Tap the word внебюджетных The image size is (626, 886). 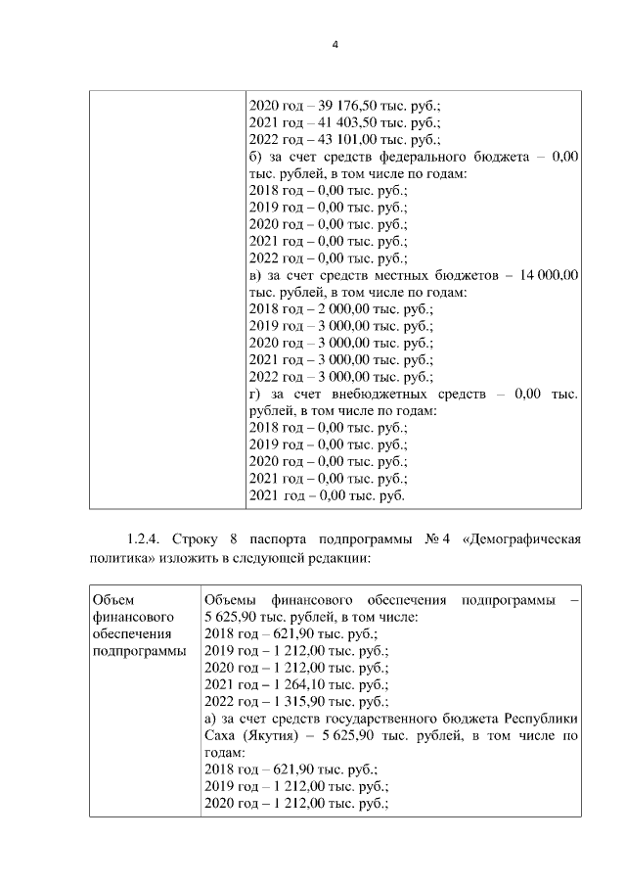(381, 395)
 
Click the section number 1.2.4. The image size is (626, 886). (145, 539)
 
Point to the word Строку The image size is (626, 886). (196, 539)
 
